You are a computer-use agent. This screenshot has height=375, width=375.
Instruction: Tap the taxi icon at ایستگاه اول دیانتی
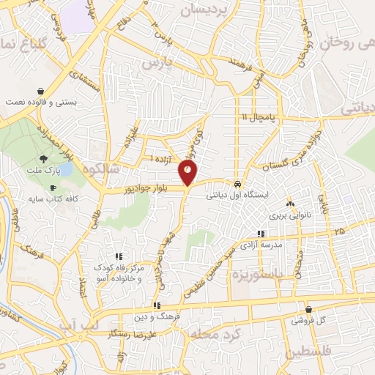(238, 184)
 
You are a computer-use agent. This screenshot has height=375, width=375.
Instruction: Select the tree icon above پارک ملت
(44, 159)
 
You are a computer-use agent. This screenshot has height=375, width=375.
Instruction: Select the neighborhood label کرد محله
(212, 334)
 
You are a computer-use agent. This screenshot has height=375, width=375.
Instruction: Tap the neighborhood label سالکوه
(103, 168)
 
